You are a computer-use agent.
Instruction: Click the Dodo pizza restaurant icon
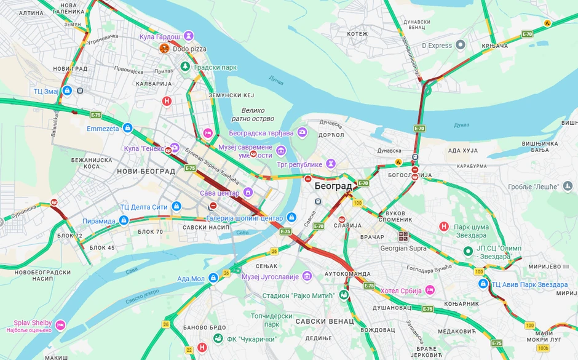pos(164,49)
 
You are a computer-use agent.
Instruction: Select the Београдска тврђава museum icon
pos(302,132)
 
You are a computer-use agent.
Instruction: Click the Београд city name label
pos(333,185)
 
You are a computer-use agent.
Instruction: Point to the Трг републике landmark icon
pos(331,164)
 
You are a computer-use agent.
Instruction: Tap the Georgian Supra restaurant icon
pos(403,236)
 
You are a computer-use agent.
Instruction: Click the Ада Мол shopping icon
pos(213,278)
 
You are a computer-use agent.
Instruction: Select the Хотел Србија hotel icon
pos(429,289)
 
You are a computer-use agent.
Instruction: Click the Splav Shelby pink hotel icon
pos(60,324)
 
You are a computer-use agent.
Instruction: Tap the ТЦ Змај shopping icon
pos(67,91)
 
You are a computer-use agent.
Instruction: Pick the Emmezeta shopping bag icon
pos(128,128)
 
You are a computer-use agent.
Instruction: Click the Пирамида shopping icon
pos(124,220)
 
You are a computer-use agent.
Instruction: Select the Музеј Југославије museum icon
pos(307,276)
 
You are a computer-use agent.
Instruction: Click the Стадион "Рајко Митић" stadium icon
pos(344,295)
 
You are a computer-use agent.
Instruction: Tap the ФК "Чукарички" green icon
pos(218,338)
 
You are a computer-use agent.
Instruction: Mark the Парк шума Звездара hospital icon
pos(444,226)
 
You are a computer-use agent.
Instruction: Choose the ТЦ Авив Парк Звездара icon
pos(483,284)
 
